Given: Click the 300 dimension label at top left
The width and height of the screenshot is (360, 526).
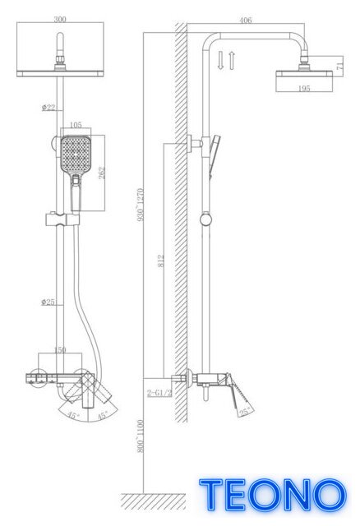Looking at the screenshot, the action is tap(60, 19).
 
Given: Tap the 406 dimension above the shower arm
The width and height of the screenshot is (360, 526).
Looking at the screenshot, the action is tap(246, 21).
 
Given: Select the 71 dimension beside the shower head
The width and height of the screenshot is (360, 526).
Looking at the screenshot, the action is tap(339, 64).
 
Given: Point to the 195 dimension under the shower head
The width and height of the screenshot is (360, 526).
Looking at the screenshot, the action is tap(304, 89).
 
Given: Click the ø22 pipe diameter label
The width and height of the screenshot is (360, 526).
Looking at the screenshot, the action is tap(48, 108).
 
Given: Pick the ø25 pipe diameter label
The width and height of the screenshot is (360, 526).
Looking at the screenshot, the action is tap(48, 302).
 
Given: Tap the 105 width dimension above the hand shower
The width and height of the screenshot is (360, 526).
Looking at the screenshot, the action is tap(76, 125).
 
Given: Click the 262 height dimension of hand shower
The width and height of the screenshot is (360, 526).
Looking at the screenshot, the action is tap(101, 173).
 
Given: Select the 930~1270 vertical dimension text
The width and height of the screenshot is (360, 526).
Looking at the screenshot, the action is tap(141, 205).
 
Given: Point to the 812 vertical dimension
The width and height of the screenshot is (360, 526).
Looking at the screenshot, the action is tap(161, 261).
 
